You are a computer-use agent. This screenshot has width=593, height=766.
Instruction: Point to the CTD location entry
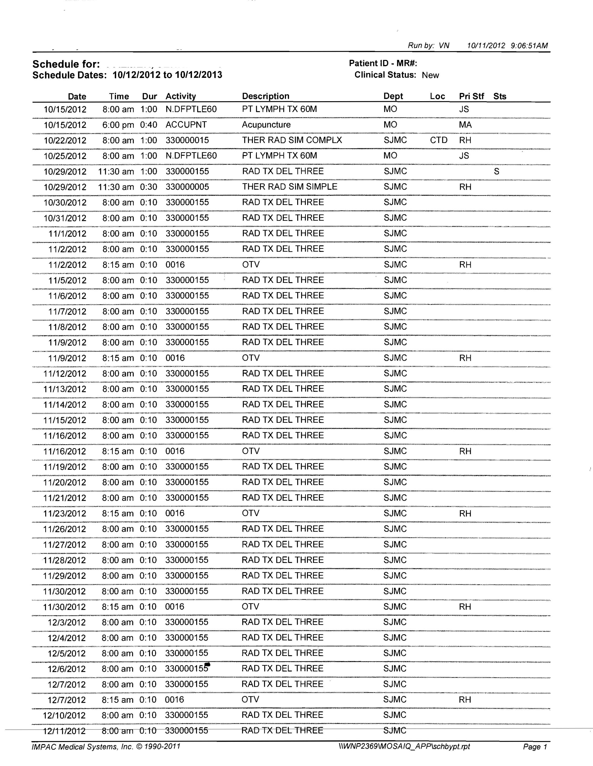[439, 140]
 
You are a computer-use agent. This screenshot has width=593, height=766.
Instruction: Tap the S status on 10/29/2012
[496, 172]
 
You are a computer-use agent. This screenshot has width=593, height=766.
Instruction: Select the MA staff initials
[465, 125]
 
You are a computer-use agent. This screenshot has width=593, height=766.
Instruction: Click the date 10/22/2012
[65, 140]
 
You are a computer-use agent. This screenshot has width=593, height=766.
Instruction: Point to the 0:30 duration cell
[148, 187]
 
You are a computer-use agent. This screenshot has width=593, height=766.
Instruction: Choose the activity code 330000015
[187, 140]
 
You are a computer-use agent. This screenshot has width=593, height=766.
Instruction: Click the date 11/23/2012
[65, 513]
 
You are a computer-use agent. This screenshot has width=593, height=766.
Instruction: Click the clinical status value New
[430, 75]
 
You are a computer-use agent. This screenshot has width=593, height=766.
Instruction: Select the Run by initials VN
[444, 46]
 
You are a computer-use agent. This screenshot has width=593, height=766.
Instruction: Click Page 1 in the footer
[535, 747]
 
